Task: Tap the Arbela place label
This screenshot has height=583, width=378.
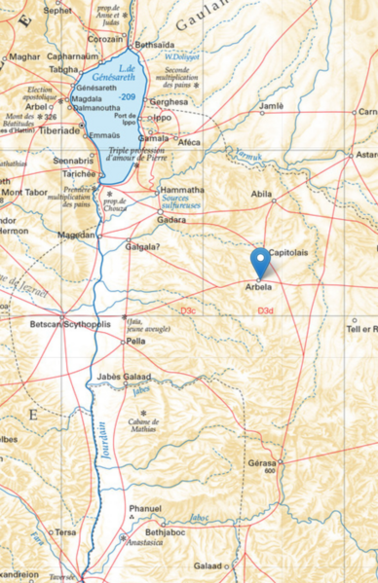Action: click(x=258, y=288)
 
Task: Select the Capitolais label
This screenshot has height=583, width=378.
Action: click(x=288, y=252)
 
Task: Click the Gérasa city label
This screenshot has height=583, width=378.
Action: click(x=262, y=462)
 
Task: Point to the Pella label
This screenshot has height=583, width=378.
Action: click(x=135, y=342)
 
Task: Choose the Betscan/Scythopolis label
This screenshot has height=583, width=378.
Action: click(x=70, y=323)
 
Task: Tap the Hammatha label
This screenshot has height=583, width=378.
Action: click(x=182, y=190)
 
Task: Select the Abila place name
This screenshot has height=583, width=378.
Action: click(x=261, y=194)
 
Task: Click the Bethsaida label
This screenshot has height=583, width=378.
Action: click(x=154, y=45)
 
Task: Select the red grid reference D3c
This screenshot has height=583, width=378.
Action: click(x=188, y=310)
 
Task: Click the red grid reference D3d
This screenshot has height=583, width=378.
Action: click(x=265, y=310)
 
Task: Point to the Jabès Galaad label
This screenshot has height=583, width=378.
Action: click(x=123, y=377)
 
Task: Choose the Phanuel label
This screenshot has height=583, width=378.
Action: click(x=145, y=508)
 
